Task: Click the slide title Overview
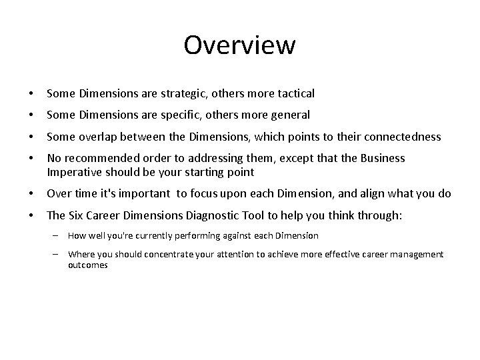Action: (x=239, y=45)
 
